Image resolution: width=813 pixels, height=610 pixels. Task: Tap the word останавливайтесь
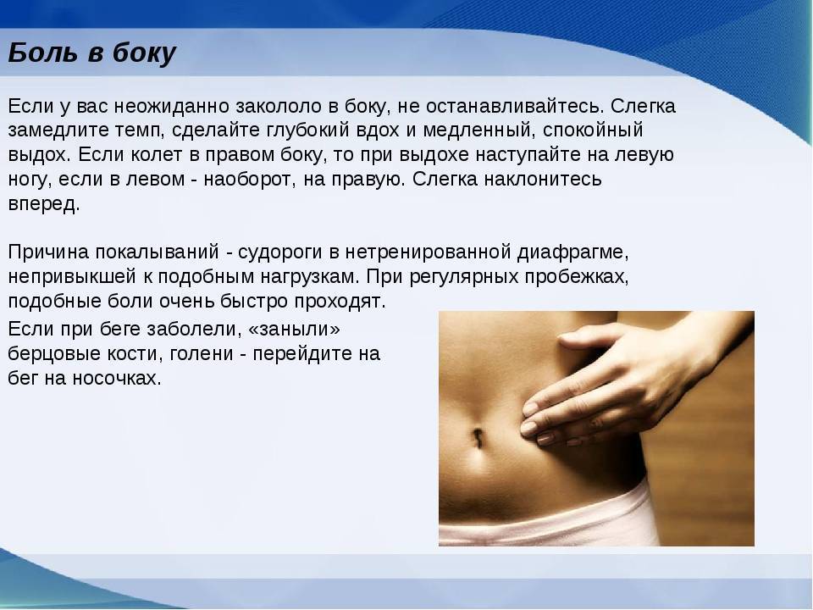[x=515, y=107]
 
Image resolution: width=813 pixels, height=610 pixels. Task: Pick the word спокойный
[x=593, y=130]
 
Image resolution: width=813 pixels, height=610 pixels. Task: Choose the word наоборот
[x=249, y=179]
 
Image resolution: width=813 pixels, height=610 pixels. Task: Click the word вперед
[x=44, y=203]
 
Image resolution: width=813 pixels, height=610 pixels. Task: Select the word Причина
[x=49, y=252]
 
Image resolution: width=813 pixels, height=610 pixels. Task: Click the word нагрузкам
[x=310, y=277]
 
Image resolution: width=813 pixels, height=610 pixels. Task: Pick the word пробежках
[x=577, y=277]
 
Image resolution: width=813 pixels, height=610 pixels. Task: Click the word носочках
[x=117, y=378]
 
